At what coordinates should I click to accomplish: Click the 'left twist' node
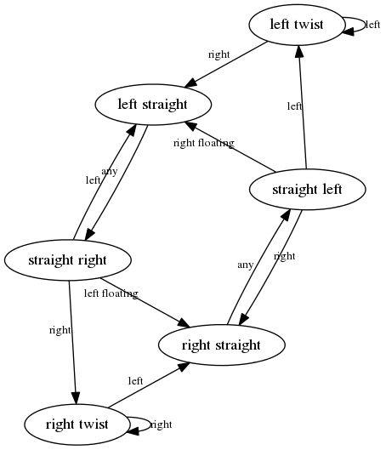click(x=296, y=25)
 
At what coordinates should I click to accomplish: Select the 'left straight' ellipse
click(x=153, y=105)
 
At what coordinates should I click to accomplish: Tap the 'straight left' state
click(x=308, y=190)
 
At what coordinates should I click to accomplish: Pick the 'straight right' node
click(x=68, y=260)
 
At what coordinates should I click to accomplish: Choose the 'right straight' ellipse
click(x=221, y=345)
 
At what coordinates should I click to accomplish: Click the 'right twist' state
click(x=77, y=424)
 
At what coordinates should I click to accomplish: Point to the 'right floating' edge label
click(x=204, y=143)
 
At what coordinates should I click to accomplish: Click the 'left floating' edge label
click(x=111, y=293)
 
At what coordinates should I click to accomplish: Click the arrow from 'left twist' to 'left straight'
click(x=226, y=65)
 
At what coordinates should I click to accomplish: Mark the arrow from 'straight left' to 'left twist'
click(x=303, y=107)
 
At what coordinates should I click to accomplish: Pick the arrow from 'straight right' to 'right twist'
click(x=72, y=342)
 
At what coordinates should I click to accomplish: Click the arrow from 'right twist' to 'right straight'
click(x=149, y=385)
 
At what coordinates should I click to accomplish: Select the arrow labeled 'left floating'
click(x=145, y=303)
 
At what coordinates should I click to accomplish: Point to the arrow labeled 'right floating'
click(x=230, y=147)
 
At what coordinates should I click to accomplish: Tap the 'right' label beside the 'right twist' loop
click(x=162, y=424)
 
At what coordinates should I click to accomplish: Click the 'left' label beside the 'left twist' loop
click(x=373, y=25)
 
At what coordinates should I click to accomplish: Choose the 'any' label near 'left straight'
click(x=110, y=171)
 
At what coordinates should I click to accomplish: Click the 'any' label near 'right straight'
click(x=246, y=265)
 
